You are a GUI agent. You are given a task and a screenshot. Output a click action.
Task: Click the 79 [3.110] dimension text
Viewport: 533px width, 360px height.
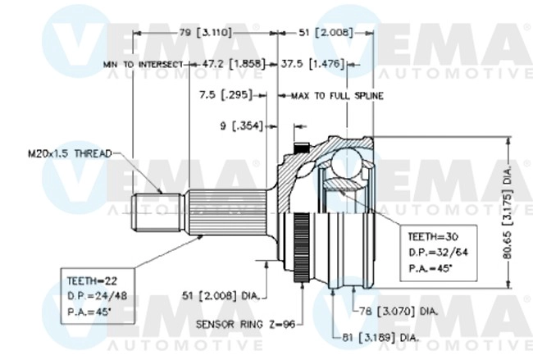coord(204,32)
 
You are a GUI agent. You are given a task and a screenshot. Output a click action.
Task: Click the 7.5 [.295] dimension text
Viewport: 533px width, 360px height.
coord(227,95)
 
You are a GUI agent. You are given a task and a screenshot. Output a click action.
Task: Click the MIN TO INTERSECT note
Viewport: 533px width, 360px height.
coord(143,63)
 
